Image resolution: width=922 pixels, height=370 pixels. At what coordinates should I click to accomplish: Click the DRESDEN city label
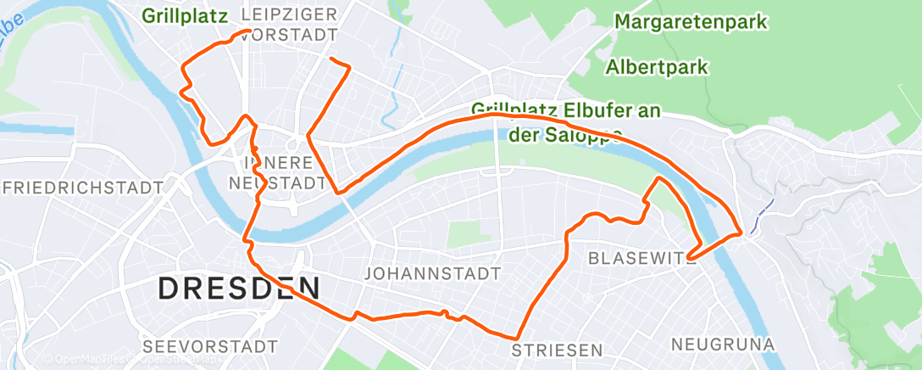point(239,289)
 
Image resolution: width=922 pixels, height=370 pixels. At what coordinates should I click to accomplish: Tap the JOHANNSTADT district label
point(431,273)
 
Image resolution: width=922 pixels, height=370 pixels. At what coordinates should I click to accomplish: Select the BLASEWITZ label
point(642,256)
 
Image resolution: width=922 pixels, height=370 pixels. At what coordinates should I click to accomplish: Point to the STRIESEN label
point(557,350)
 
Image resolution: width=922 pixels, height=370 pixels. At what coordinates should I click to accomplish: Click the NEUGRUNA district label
point(723,344)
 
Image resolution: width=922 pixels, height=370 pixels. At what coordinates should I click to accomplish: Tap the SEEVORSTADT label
point(210,346)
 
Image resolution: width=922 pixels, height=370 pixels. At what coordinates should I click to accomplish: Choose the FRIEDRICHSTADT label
point(81,186)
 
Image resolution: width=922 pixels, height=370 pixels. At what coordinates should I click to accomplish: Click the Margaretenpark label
point(691,21)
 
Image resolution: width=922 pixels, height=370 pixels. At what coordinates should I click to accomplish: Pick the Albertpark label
point(657,66)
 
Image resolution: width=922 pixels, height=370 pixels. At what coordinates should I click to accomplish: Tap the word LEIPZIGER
point(289,14)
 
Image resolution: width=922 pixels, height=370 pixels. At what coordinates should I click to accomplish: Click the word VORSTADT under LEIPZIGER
point(291,35)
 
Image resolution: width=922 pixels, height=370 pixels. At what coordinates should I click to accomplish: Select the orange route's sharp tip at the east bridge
point(742,231)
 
